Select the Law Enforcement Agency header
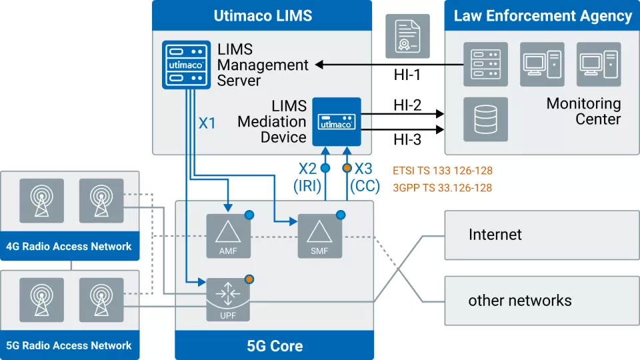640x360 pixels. click(542, 15)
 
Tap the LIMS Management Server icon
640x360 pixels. click(183, 65)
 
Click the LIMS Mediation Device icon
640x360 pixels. click(337, 122)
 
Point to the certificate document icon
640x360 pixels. click(407, 35)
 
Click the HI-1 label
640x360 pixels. click(407, 75)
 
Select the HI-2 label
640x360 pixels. click(407, 105)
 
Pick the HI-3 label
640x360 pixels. click(407, 140)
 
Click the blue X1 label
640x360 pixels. click(207, 123)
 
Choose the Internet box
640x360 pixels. click(541, 235)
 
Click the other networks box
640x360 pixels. click(541, 301)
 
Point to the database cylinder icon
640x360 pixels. click(485, 119)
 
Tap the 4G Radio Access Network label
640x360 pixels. click(69, 246)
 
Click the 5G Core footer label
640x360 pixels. click(274, 346)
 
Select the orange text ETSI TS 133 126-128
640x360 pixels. click(442, 171)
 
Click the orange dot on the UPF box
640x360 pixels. click(249, 279)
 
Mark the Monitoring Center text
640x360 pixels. click(583, 111)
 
